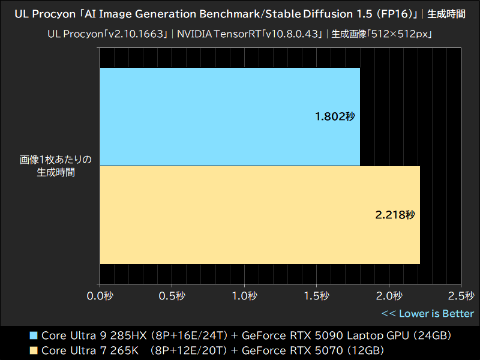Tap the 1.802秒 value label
pyautogui.click(x=335, y=116)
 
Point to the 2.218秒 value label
pyautogui.click(x=395, y=215)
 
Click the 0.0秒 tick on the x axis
pyautogui.click(x=100, y=296)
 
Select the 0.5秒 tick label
pyautogui.click(x=172, y=296)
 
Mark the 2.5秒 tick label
pyautogui.click(x=461, y=296)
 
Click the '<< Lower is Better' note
pyautogui.click(x=427, y=313)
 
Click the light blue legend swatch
pyautogui.click(x=34, y=335)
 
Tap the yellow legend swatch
pyautogui.click(x=34, y=350)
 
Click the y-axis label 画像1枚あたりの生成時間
pyautogui.click(x=55, y=166)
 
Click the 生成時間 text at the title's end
pyautogui.click(x=446, y=13)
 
